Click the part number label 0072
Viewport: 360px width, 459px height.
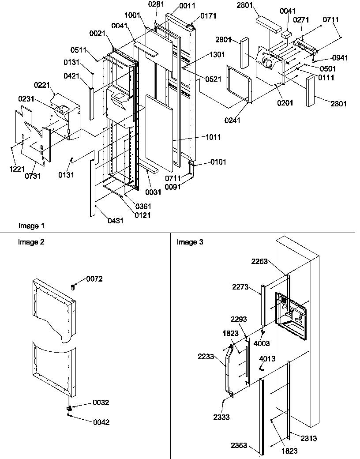[x=94, y=279]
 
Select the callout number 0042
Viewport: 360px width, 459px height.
[x=101, y=422]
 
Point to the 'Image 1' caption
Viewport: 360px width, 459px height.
[x=31, y=226]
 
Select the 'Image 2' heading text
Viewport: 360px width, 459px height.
[x=31, y=242]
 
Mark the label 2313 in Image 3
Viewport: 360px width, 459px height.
[x=309, y=439]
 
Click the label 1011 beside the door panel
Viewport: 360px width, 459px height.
[x=212, y=137]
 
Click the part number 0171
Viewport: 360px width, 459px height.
[x=209, y=16]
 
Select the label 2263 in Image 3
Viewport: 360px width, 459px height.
[x=272, y=262]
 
